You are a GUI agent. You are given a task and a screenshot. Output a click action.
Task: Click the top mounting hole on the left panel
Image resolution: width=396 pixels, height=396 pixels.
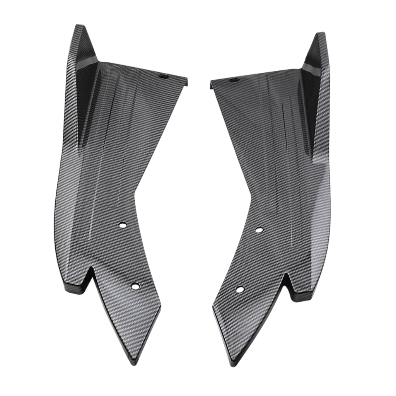(163, 77)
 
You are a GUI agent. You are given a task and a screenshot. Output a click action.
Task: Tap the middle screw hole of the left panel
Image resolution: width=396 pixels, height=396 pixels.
(123, 225)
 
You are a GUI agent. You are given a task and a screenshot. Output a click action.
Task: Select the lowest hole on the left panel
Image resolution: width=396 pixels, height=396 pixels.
(135, 286)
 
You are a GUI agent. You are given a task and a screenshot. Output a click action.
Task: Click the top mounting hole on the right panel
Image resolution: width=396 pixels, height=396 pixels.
(233, 80)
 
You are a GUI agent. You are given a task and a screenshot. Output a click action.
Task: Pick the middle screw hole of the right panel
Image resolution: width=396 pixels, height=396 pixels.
(259, 230)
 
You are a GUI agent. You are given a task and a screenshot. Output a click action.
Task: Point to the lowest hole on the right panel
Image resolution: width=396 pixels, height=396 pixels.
(240, 289)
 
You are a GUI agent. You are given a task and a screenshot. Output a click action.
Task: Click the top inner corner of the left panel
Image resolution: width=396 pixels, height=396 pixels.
(187, 80)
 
